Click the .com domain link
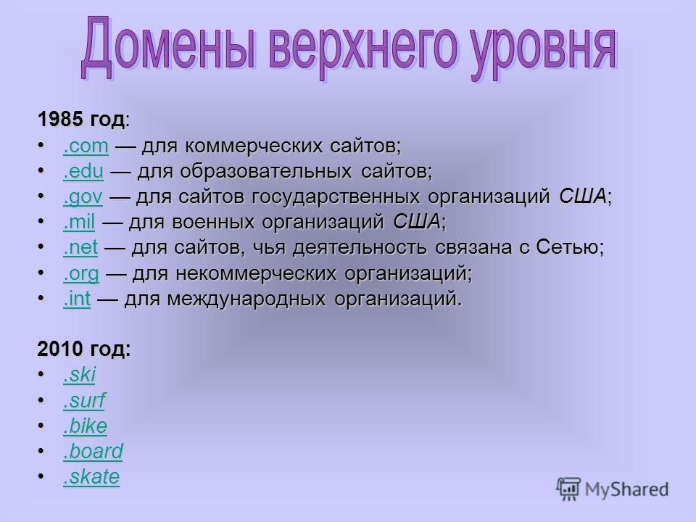[x=86, y=146]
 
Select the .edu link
[x=83, y=171]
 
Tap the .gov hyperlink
[x=83, y=196]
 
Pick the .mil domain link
[x=79, y=222]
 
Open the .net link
[x=80, y=247]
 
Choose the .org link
[x=80, y=273]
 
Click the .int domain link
[x=77, y=298]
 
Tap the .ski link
[x=79, y=375]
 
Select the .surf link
[x=84, y=400]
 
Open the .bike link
[x=85, y=426]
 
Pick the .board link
[x=93, y=451]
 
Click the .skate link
[x=91, y=477]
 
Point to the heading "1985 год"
[x=81, y=120]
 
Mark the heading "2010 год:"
[x=84, y=349]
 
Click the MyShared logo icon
[x=568, y=489]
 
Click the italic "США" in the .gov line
[x=582, y=196]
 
